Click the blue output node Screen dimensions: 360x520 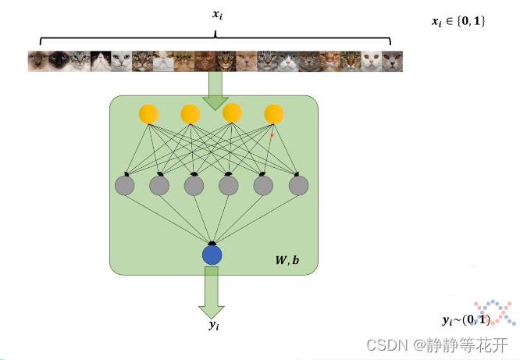tap(212, 255)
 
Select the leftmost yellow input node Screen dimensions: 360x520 tap(148, 114)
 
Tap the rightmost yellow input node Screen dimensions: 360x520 tap(273, 114)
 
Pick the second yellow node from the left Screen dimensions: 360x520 tap(191, 114)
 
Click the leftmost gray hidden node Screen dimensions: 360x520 tap(125, 185)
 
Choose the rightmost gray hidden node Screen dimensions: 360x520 tap(298, 185)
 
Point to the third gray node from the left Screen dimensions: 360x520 tap(194, 185)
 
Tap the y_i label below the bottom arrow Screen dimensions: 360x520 tap(214, 324)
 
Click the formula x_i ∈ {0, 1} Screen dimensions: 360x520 tap(458, 22)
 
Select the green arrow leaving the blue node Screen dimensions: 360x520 tap(211, 290)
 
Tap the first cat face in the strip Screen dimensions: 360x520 tap(37, 61)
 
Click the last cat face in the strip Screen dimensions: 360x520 tap(393, 61)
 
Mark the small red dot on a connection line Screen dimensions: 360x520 tap(272, 136)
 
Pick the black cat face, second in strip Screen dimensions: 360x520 tap(58, 61)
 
